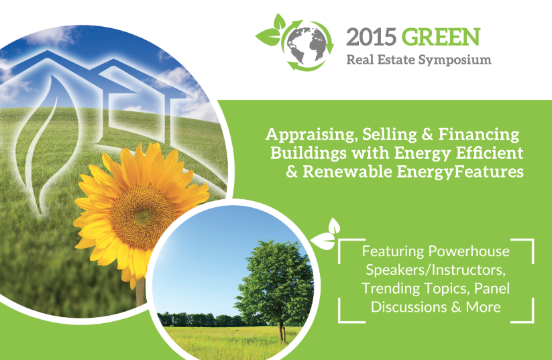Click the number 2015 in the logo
click(x=371, y=37)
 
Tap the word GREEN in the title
click(x=441, y=37)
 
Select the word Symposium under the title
click(x=455, y=60)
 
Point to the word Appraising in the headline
click(x=312, y=135)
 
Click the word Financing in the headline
click(x=479, y=135)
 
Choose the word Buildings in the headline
click(x=309, y=154)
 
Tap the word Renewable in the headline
click(x=347, y=172)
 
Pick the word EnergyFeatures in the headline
click(x=461, y=172)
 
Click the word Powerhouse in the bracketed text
click(x=469, y=251)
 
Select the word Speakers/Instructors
click(x=436, y=270)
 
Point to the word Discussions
click(x=409, y=307)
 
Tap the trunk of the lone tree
click(x=281, y=331)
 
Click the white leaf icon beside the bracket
click(x=326, y=235)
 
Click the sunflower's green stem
click(x=140, y=292)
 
